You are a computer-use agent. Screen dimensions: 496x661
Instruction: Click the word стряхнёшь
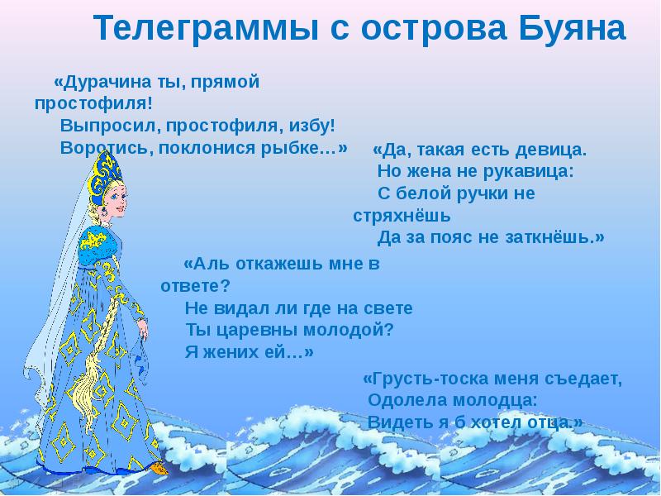pos(402,217)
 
